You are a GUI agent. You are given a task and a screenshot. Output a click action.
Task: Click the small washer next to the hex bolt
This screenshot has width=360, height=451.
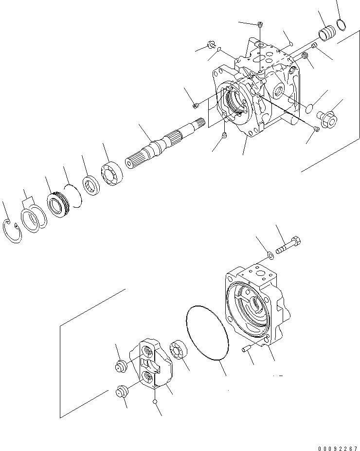(270, 255)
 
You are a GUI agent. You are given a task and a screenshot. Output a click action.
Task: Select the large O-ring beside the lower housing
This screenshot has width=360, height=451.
(207, 334)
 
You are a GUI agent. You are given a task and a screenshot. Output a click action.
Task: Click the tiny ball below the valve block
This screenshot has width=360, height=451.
(155, 401)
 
